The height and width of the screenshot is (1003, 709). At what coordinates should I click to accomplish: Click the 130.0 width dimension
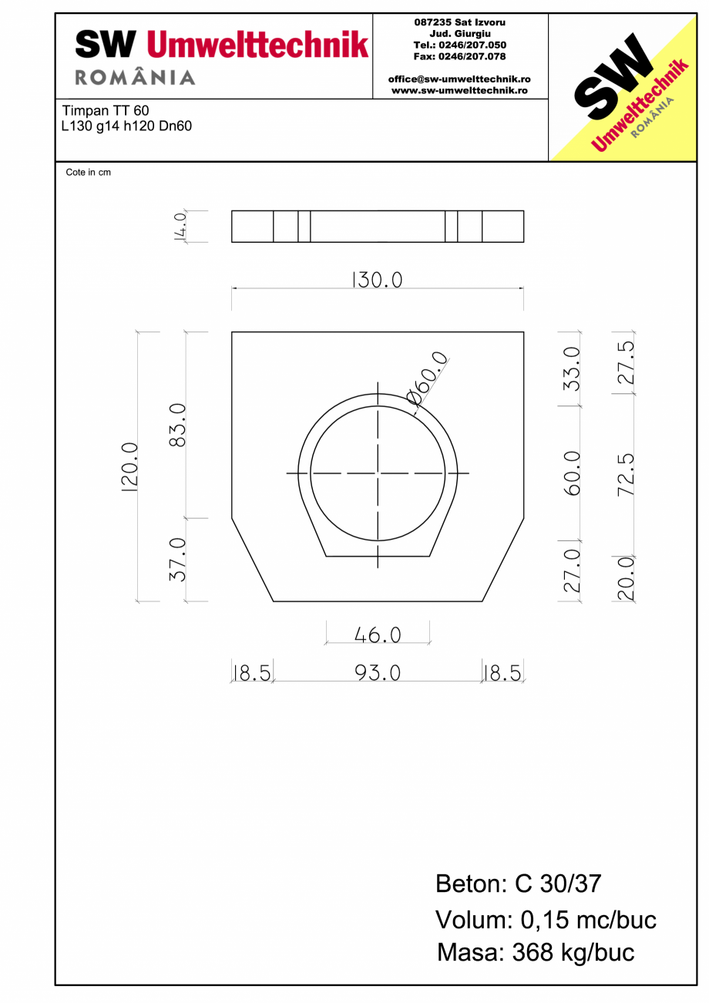[x=377, y=279]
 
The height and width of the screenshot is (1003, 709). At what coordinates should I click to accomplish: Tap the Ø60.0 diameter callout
[x=426, y=379]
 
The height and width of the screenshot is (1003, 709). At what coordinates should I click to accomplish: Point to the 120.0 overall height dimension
[x=129, y=467]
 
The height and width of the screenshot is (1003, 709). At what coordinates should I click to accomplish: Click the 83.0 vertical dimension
[x=177, y=424]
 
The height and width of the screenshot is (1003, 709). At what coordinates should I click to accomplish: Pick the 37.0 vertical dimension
[x=177, y=559]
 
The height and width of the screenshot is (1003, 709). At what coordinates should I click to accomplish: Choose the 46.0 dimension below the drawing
[x=378, y=634]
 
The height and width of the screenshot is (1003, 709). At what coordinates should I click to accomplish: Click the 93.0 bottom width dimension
[x=378, y=673]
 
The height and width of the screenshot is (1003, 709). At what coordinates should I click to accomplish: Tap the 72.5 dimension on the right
[x=626, y=473]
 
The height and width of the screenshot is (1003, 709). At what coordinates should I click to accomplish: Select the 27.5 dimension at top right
[x=626, y=362]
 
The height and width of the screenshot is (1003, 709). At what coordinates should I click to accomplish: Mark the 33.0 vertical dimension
[x=572, y=368]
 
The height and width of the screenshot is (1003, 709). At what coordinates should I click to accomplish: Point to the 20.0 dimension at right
[x=626, y=578]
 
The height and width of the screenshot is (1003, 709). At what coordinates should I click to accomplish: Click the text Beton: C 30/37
[x=518, y=884]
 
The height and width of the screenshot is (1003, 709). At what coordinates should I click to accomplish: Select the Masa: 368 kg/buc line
[x=536, y=953]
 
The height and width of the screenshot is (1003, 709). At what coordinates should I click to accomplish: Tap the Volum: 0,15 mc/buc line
[x=546, y=919]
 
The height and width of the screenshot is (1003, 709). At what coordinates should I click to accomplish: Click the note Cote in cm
[x=88, y=173]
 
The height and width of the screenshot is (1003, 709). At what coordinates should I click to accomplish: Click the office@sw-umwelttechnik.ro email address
[x=459, y=79]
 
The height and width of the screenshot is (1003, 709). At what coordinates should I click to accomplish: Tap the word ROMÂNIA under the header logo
[x=135, y=78]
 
